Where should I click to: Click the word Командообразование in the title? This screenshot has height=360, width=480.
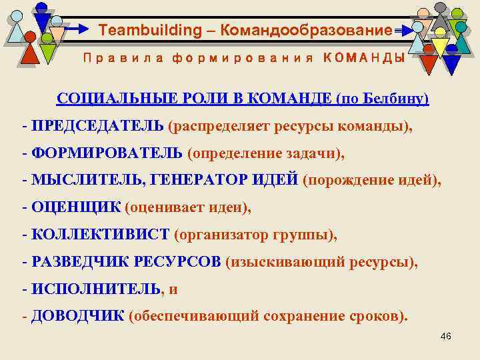tap(306, 30)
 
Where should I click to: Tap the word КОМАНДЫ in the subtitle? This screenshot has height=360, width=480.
tap(363, 58)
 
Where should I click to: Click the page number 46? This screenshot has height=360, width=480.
tap(446, 337)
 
